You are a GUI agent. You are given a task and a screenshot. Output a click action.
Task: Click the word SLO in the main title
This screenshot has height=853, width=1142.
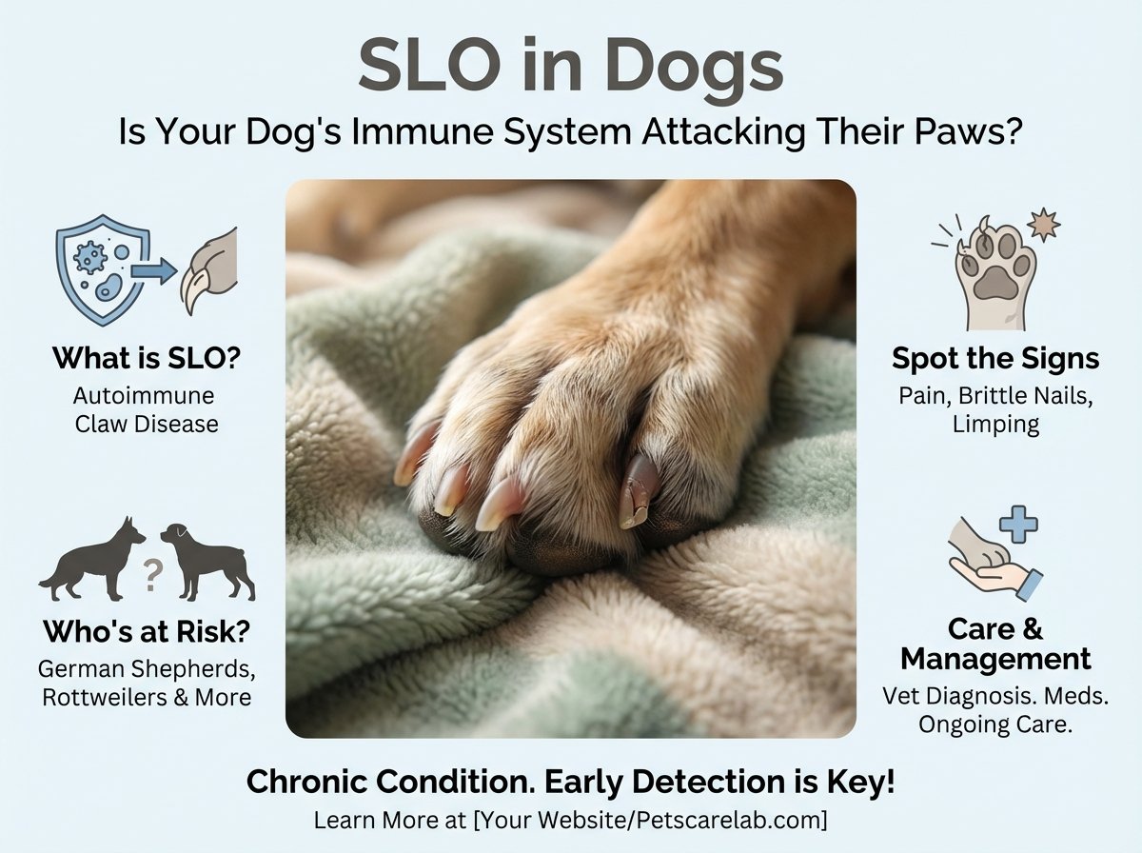429,65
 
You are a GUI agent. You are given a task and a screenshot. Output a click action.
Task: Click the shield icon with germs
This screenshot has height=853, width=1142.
104,269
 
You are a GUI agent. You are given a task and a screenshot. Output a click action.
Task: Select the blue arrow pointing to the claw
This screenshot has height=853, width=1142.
154,271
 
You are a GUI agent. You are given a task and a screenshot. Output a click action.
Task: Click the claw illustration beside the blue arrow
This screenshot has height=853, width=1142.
209,270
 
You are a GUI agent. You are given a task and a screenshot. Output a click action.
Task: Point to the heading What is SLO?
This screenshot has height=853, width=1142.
147,358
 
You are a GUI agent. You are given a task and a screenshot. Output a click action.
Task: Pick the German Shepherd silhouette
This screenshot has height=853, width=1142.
92,559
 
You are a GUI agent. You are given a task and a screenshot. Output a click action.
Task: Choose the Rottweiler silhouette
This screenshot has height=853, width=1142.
208,562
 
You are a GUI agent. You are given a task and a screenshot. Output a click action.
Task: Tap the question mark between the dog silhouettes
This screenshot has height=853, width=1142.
151,575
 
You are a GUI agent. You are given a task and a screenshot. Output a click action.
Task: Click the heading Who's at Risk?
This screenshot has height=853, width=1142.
147,632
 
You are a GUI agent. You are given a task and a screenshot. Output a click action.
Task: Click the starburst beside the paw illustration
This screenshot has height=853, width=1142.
1044,225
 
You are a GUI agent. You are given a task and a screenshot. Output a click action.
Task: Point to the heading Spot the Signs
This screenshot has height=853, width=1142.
995,359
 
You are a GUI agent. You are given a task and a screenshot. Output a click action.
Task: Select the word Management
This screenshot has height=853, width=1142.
995,660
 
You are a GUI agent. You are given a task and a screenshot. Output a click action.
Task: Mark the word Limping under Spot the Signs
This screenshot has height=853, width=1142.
995,425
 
